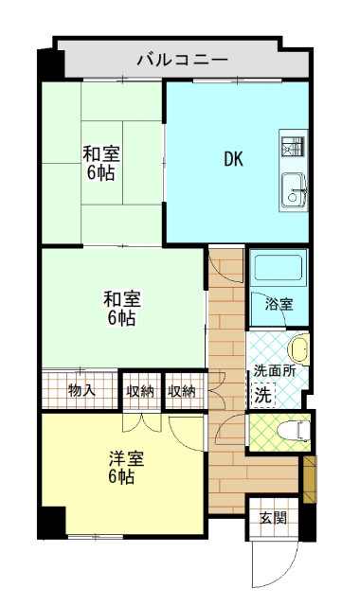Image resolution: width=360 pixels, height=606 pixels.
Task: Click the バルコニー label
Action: (181, 59)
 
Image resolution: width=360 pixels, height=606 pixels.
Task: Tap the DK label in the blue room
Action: (233, 159)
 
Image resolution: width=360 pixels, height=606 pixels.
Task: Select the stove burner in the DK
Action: (291, 148)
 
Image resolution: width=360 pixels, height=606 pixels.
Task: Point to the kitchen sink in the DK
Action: (291, 185)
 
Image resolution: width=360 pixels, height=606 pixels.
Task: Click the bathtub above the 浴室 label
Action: (277, 269)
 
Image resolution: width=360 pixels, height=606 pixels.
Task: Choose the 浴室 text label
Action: (279, 305)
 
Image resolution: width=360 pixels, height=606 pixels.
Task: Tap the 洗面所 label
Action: (274, 370)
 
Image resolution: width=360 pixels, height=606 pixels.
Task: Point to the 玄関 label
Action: (273, 518)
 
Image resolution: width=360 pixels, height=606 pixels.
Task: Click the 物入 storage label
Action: (82, 390)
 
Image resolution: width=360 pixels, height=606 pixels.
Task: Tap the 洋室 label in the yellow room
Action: (125, 458)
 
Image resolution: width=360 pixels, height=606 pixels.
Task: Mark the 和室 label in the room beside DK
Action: (99, 153)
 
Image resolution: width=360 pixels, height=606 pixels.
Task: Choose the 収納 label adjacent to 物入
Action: (140, 390)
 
